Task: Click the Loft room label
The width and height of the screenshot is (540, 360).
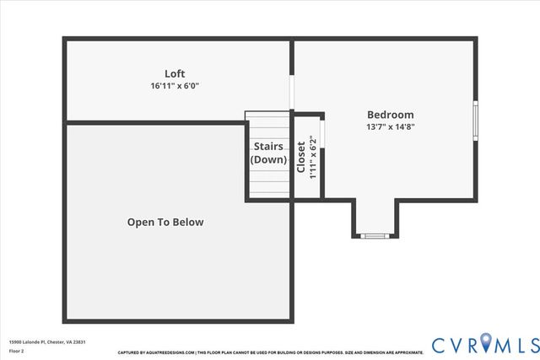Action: click(175, 73)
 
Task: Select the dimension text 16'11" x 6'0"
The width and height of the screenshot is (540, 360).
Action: click(175, 86)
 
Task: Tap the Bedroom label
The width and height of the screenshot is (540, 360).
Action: click(390, 115)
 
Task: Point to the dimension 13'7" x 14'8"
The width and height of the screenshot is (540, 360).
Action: click(390, 127)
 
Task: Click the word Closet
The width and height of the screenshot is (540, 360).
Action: click(301, 157)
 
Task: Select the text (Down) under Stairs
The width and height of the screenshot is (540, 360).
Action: click(268, 159)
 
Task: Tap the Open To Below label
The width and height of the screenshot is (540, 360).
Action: click(165, 223)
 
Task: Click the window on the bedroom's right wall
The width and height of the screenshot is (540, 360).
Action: click(476, 120)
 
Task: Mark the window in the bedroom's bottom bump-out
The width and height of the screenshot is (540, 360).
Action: click(373, 236)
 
